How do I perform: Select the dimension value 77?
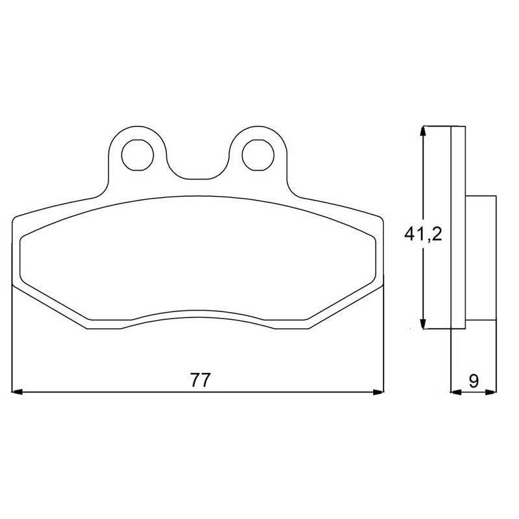[200, 380]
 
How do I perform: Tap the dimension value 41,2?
[423, 234]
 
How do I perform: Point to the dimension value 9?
[474, 381]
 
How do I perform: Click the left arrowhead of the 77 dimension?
[17, 392]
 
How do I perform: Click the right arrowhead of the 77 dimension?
[378, 392]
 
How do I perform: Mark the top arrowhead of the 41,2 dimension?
[423, 131]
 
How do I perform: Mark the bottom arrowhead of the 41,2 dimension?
[423, 323]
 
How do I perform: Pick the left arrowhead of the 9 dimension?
[457, 392]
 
